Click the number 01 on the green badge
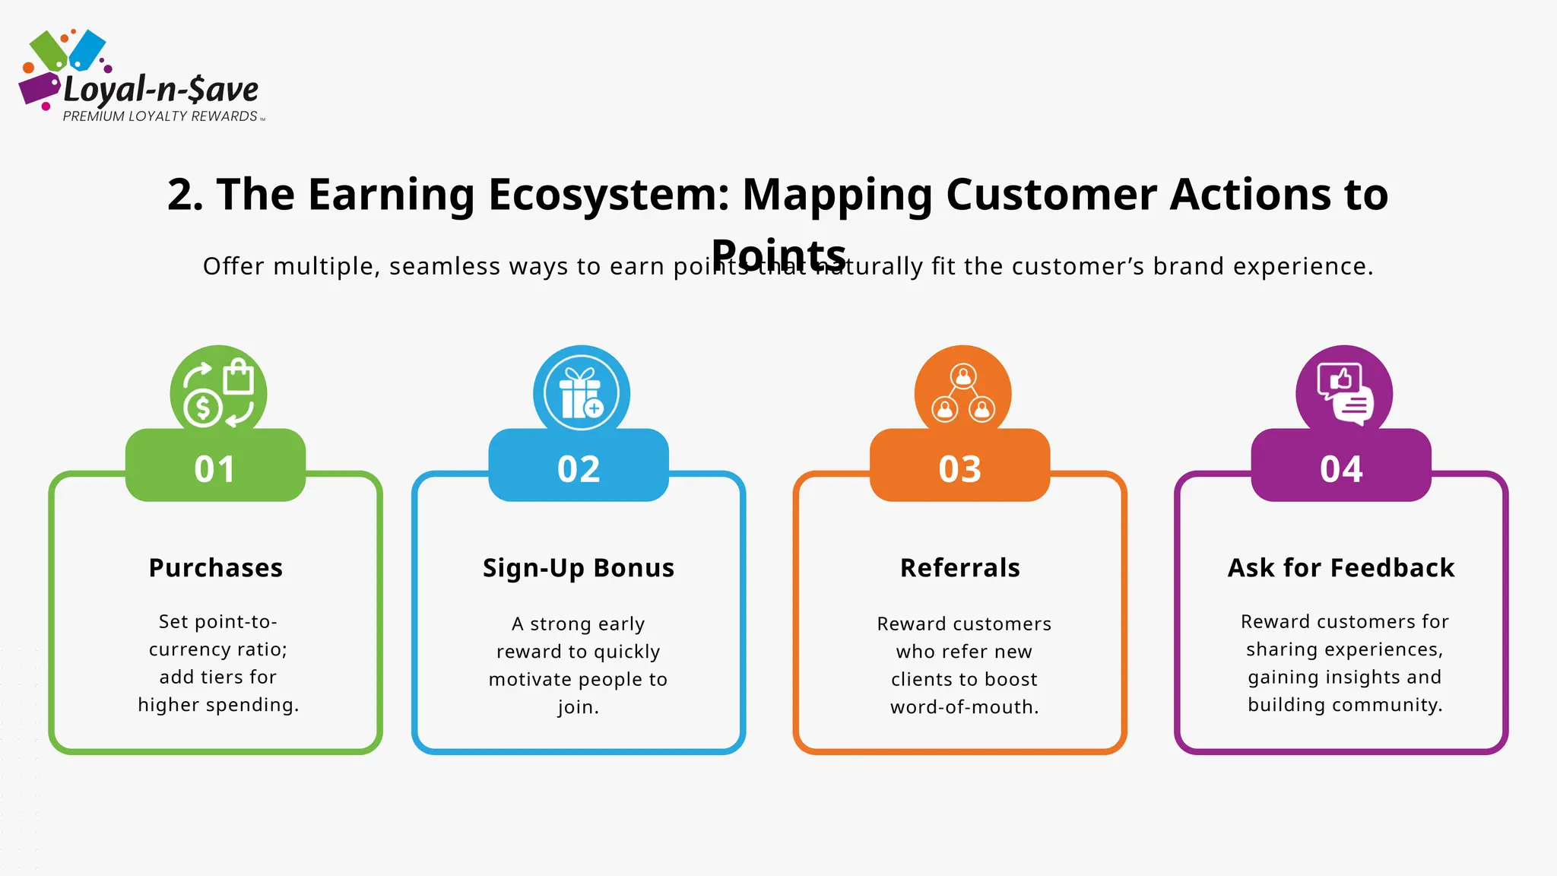(215, 468)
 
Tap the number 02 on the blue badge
(579, 468)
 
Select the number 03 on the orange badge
(960, 468)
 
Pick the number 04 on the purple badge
(1342, 468)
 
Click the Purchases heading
(216, 568)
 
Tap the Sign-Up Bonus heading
(579, 568)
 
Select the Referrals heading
(960, 568)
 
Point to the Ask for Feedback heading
(1341, 568)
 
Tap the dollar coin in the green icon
(202, 408)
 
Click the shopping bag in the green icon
(238, 376)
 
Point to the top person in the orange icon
(963, 376)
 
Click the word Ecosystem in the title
(608, 195)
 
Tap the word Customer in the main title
(1051, 195)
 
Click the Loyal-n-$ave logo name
(161, 90)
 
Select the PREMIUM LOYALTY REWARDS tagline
(160, 116)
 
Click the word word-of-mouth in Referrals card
(963, 707)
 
